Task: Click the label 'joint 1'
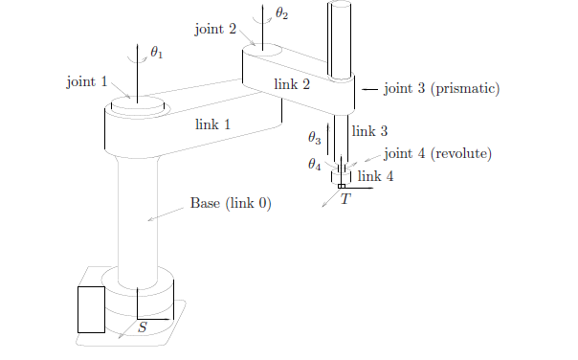tap(86, 82)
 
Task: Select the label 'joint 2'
tap(214, 29)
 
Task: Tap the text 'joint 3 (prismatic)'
tap(442, 89)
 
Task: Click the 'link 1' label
tap(212, 124)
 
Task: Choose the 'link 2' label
tap(292, 84)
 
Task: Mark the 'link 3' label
tap(369, 131)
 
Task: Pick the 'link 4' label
tap(375, 176)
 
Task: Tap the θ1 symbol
tap(157, 53)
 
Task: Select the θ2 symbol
tap(280, 13)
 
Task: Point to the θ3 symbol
tap(314, 137)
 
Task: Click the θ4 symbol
tap(314, 165)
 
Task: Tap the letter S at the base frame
tap(143, 327)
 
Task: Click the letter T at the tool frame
tap(345, 199)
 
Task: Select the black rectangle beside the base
tap(91, 308)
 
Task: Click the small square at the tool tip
tap(342, 186)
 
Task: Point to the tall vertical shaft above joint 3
tap(342, 38)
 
